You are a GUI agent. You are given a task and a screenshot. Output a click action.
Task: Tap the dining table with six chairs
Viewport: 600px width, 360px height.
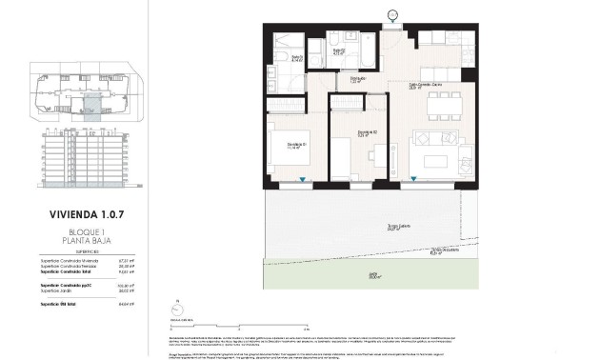pyautogui.click(x=441, y=105)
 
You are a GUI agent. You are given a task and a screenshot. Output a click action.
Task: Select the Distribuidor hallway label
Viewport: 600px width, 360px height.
pyautogui.click(x=358, y=80)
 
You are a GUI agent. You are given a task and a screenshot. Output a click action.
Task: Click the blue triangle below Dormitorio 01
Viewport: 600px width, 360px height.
pyautogui.click(x=303, y=179)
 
